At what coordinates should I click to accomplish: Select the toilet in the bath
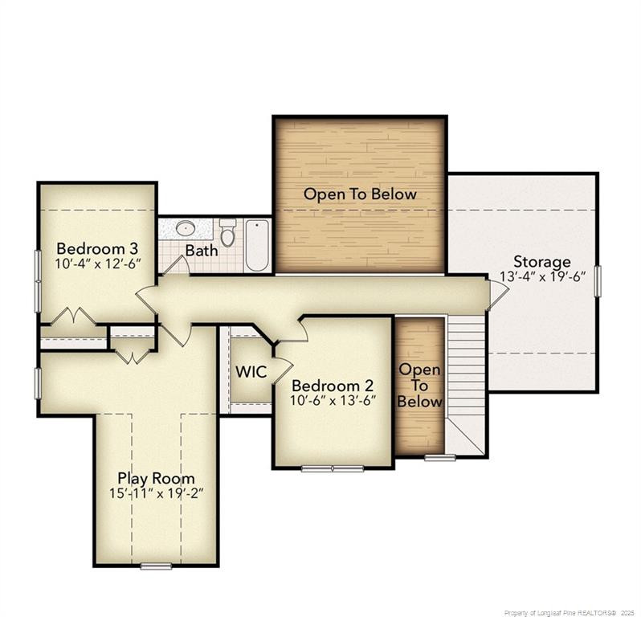(x=228, y=233)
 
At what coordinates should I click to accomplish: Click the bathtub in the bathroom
(x=257, y=244)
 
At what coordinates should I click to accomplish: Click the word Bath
(x=202, y=251)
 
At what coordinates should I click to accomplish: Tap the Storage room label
(x=542, y=262)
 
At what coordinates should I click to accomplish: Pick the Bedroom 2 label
(x=333, y=385)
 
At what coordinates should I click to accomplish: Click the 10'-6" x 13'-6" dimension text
(x=333, y=400)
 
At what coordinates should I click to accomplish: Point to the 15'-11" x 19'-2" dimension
(x=156, y=493)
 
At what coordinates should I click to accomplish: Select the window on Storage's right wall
(x=597, y=282)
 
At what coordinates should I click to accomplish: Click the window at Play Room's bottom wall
(x=156, y=566)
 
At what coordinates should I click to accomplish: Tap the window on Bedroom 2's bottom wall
(x=333, y=468)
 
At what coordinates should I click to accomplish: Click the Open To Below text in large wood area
(x=360, y=194)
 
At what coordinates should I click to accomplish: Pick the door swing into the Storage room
(x=496, y=294)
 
